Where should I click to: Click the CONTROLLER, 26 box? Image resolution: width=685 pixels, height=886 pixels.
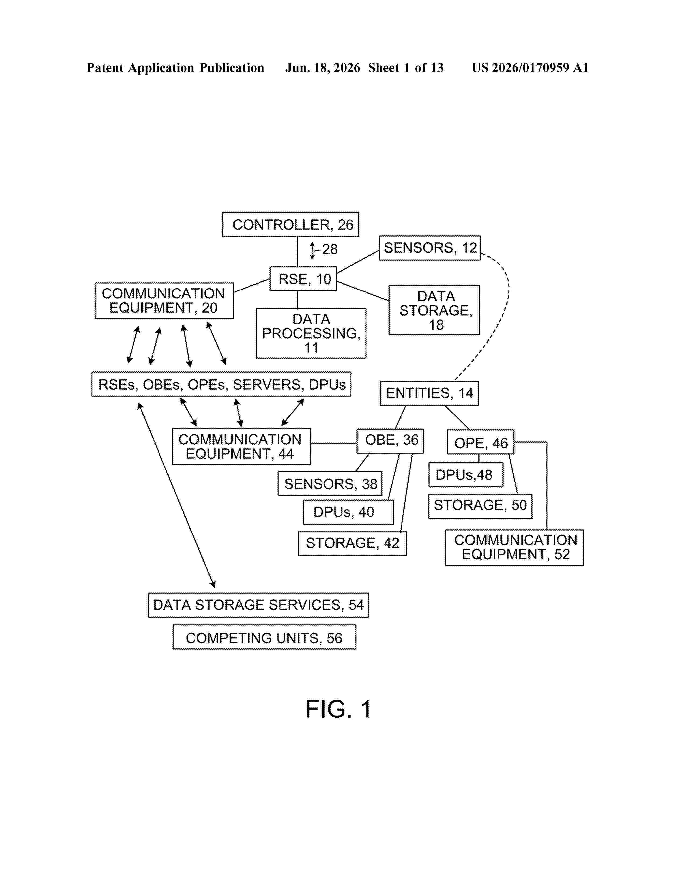pos(291,224)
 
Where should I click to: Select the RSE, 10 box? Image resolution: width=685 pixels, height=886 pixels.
pos(303,279)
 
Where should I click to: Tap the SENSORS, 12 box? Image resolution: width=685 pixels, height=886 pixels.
pos(430,248)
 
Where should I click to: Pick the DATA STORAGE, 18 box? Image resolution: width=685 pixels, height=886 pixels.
pos(434,310)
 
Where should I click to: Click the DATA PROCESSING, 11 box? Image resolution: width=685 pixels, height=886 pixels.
pos(311,333)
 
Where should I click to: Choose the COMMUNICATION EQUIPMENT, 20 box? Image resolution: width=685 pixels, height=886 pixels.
pos(164,301)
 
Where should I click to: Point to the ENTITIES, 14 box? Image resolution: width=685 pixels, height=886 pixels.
pos(429,393)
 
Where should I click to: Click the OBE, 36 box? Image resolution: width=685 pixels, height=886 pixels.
pos(390,441)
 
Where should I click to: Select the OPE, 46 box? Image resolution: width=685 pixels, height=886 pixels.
pos(481,442)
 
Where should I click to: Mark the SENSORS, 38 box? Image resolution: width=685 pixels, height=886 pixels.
pos(330,484)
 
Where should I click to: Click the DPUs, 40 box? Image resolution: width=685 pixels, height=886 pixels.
pos(349,512)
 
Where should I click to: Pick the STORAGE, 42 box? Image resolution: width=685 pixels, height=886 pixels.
pos(352,544)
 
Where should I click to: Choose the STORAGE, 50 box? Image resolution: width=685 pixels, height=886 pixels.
pos(480,506)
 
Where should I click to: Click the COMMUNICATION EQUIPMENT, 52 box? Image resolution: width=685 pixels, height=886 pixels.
pos(515,548)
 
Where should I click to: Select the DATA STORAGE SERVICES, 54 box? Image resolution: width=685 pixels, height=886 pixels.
pos(258,605)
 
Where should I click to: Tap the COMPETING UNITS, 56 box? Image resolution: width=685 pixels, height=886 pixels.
pos(264,637)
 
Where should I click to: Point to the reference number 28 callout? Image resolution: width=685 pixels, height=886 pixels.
pos(330,249)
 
